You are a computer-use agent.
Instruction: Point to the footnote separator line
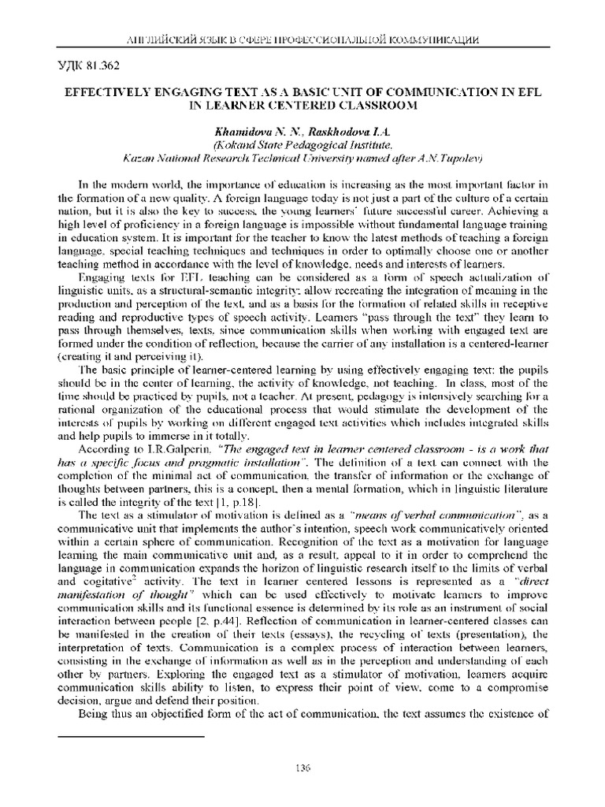(132, 734)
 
